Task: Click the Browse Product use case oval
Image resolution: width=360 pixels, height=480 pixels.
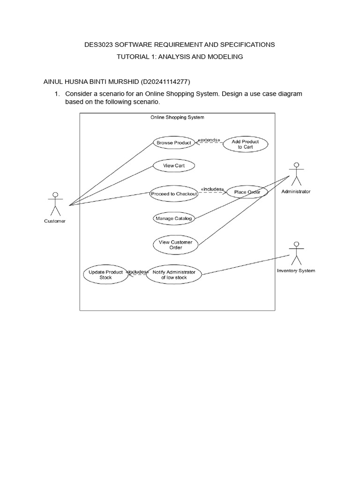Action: coord(173,142)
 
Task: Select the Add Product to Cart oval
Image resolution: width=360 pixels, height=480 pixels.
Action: coord(245,144)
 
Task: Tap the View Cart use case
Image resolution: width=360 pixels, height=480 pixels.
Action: coord(174,165)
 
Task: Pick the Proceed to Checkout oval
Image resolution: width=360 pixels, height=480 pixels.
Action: coord(174,194)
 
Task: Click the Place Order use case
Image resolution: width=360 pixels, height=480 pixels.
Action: coord(247,192)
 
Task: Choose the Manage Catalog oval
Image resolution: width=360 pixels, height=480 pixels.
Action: coord(173,218)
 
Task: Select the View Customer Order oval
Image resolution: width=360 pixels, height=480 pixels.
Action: coord(176,245)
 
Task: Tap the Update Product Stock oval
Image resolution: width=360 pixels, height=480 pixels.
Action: coord(106,275)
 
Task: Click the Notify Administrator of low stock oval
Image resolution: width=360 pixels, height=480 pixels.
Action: coord(174,275)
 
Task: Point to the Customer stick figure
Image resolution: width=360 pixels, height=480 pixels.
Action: coord(55,202)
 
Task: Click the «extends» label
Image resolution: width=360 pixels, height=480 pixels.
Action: coord(209,139)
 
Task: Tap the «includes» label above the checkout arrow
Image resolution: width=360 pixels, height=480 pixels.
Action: coord(212,189)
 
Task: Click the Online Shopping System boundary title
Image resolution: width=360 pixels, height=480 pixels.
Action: coord(177,117)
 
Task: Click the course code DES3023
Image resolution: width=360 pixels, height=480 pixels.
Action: coord(97,45)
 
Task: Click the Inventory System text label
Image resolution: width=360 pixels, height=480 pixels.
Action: coord(296,270)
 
